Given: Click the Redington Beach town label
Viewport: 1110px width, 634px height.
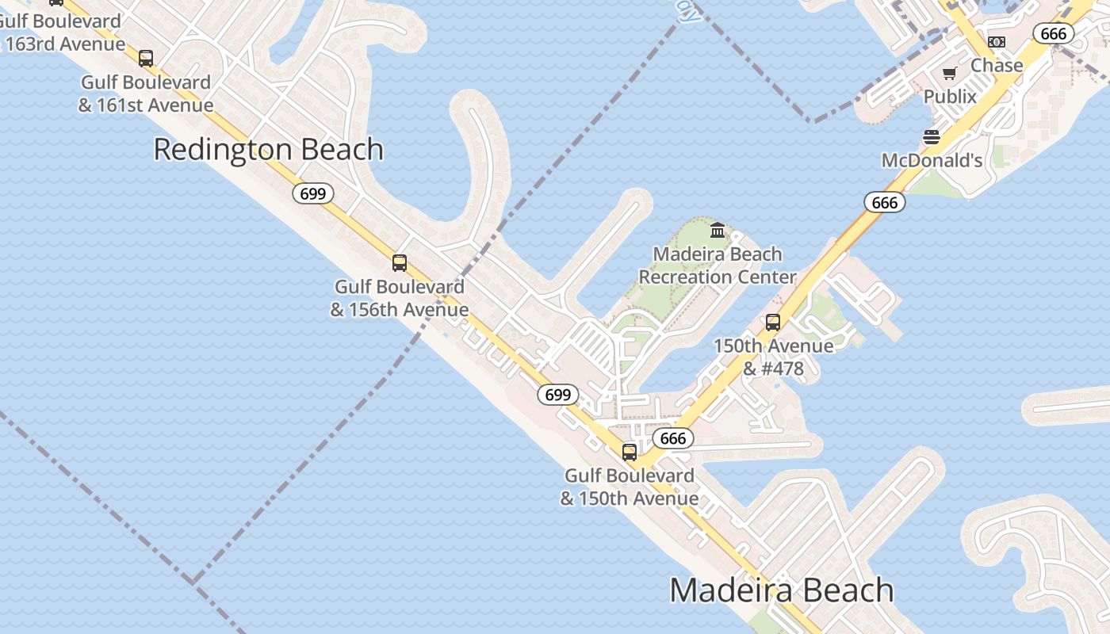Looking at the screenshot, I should pos(268,150).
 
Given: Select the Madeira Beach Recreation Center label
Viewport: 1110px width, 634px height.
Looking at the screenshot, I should pos(718,265).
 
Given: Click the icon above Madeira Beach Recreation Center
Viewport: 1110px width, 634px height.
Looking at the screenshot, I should pos(718,231).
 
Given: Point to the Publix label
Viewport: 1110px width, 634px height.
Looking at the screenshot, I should pos(950,97).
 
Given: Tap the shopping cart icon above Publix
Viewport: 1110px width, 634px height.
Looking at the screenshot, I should pos(950,74).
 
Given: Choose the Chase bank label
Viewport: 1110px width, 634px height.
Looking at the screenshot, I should pos(997,65).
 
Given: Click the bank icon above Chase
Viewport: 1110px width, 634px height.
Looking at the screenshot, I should pos(997,41).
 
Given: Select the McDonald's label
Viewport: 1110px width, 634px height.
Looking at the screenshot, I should pos(932,161).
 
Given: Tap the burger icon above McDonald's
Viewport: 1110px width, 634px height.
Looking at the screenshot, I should pos(932,137).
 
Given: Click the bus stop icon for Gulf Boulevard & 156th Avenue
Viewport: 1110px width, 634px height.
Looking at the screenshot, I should pos(400,263).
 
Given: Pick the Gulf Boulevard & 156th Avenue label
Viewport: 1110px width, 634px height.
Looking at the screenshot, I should pos(400,298).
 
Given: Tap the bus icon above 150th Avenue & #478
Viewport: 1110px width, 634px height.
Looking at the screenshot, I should pos(773,323).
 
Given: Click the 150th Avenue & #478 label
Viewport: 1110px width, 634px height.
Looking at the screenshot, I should pos(773,357).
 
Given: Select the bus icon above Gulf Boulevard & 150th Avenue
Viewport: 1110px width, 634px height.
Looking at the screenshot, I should pos(630,453).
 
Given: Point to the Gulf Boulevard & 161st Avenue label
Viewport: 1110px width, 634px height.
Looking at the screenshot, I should pos(146,94).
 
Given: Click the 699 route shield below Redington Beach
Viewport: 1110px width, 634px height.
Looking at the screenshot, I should pos(313,193).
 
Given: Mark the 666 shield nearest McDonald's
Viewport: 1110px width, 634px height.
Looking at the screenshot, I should pos(884,203).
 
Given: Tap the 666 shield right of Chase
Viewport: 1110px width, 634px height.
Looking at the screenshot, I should pos(1054,33).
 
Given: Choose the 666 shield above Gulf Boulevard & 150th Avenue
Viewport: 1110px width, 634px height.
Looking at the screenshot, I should pos(673,438).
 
